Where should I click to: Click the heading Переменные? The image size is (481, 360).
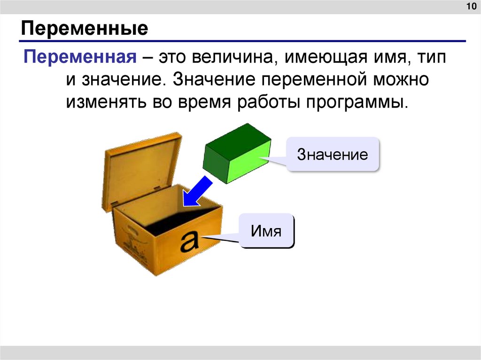point(84,30)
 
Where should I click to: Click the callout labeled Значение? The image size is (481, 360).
point(332,154)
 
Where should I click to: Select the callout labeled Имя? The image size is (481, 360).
point(266,230)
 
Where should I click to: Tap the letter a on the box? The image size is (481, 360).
point(190,242)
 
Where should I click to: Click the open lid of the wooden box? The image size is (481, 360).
point(141,169)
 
